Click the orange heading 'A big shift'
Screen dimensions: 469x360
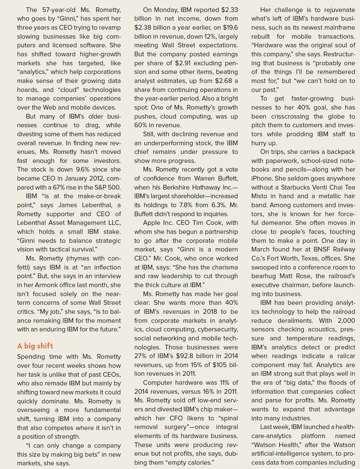click(35, 346)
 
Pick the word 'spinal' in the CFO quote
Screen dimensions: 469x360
click(228, 418)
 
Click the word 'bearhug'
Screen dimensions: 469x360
click(264, 276)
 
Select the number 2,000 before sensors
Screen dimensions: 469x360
click(346, 320)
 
